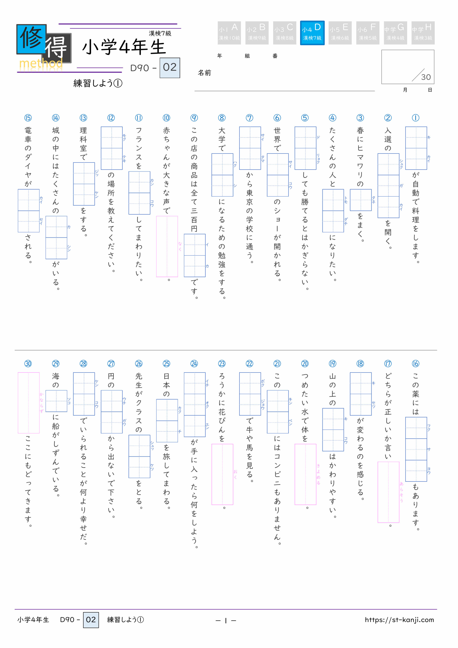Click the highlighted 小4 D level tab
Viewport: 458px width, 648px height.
312,33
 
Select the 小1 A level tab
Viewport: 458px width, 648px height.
229,33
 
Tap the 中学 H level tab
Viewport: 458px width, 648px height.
423,33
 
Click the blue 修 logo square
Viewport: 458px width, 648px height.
31,39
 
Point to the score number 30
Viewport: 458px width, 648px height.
426,77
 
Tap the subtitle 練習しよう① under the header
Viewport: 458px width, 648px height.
98,83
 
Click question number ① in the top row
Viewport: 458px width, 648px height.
415,118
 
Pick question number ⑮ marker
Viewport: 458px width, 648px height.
28,118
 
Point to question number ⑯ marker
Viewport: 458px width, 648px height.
415,364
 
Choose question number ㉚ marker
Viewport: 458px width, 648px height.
28,364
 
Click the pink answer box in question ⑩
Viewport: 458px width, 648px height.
167,246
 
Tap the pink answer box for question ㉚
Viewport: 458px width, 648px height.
28,403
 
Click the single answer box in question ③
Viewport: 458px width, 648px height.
361,200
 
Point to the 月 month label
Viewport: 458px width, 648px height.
405,90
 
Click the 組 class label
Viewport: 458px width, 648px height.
247,56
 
